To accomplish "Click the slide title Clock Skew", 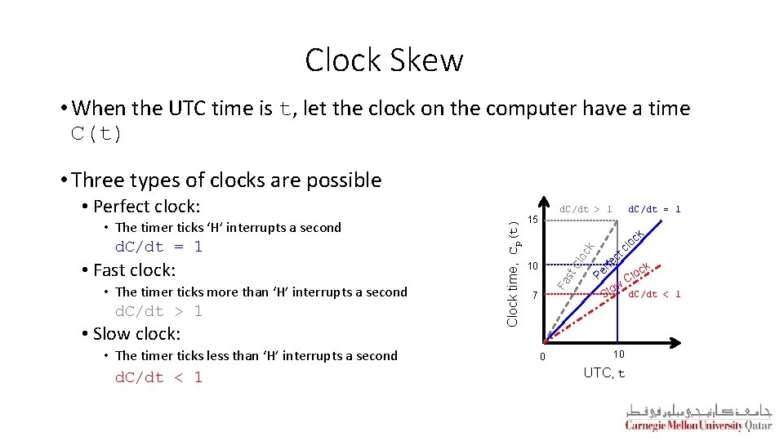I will (384, 60).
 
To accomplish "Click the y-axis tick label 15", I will (532, 220).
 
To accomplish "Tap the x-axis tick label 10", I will (618, 354).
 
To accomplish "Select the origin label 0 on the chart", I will (542, 356).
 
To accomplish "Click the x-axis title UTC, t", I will (604, 373).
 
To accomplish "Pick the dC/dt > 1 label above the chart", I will (585, 209).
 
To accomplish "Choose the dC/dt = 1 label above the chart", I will (654, 209).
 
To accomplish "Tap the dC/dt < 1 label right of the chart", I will (654, 294).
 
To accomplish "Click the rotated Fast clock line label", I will (575, 266).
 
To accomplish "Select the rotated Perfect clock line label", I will (619, 253).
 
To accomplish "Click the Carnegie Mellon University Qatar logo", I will (698, 417).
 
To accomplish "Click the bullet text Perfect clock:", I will (146, 206).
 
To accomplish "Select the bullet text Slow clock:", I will (136, 333).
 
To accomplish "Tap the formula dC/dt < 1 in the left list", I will (158, 377).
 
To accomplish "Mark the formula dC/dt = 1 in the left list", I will (158, 247).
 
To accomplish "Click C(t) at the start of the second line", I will (96, 134).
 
